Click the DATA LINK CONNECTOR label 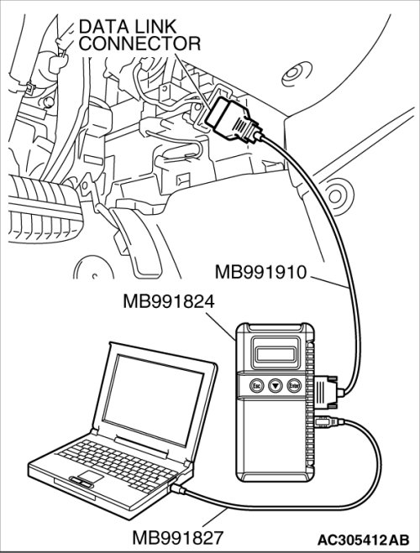[x=139, y=35]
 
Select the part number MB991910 [x=261, y=273]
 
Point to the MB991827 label [x=178, y=538]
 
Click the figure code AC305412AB [x=363, y=540]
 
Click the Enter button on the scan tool [x=294, y=386]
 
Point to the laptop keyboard [x=117, y=462]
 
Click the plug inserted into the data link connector [x=234, y=120]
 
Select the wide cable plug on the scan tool [x=328, y=392]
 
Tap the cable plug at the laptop [x=177, y=488]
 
